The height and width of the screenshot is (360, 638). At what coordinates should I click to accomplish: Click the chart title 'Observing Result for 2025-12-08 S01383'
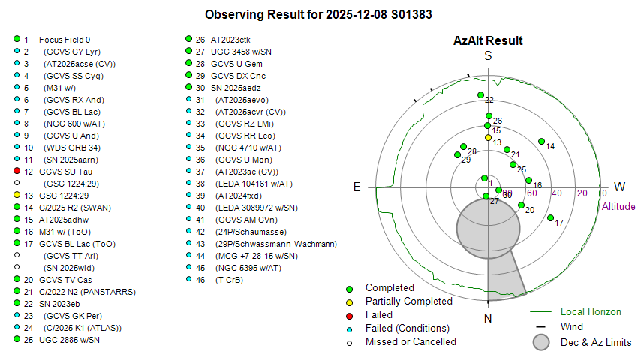pyautogui.click(x=318, y=14)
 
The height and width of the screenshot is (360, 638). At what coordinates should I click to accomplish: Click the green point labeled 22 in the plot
pyautogui.click(x=480, y=95)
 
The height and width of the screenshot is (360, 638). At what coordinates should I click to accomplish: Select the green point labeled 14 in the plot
pyautogui.click(x=540, y=140)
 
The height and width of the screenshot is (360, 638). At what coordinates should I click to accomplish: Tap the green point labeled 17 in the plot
pyautogui.click(x=551, y=218)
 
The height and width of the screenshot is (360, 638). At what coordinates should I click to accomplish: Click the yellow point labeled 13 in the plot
pyautogui.click(x=488, y=137)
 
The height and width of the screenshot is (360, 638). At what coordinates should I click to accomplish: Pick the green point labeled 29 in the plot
pyautogui.click(x=458, y=155)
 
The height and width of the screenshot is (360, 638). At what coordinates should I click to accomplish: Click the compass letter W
pyautogui.click(x=620, y=187)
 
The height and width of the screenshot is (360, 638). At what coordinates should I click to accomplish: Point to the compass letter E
pyautogui.click(x=357, y=187)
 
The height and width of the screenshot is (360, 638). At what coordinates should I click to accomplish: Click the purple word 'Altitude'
pyautogui.click(x=618, y=207)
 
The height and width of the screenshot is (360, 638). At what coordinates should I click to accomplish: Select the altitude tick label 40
pyautogui.click(x=557, y=193)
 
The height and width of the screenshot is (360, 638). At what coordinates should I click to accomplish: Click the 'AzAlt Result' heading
pyautogui.click(x=488, y=40)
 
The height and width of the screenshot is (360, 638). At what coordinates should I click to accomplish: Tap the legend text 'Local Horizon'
pyautogui.click(x=591, y=311)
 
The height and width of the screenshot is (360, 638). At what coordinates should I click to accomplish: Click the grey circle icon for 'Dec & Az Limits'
pyautogui.click(x=542, y=342)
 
